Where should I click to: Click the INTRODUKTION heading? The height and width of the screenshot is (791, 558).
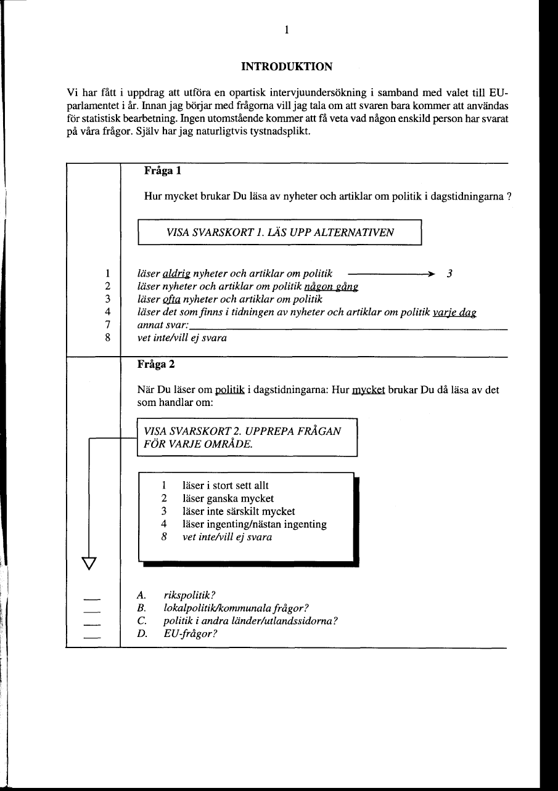coord(287,67)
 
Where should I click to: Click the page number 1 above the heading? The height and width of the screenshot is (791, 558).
coord(287,30)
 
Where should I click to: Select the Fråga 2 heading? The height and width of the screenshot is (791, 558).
coord(156,364)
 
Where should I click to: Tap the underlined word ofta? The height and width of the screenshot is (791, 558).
coord(171,299)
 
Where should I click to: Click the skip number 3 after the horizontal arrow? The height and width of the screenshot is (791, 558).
coord(449,274)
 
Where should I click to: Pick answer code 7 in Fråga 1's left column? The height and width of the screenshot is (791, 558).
coord(107,325)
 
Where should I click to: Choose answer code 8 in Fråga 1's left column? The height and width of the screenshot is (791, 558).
coord(107,338)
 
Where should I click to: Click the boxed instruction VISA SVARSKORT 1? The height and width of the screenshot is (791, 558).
coord(280,232)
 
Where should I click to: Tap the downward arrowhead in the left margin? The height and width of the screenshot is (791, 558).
coord(89,562)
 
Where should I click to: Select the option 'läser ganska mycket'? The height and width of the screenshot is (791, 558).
coord(228,498)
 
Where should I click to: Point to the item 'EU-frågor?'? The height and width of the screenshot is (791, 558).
coord(191,633)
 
